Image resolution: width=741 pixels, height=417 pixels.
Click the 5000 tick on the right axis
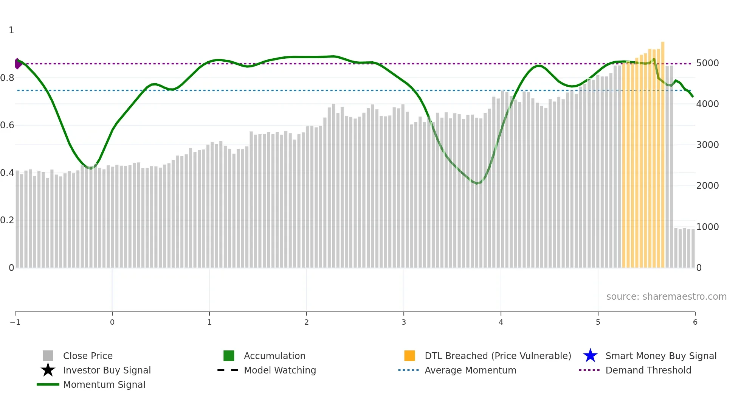pos(707,63)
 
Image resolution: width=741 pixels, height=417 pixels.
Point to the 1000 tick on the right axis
pos(707,227)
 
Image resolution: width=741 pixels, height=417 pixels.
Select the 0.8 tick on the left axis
pos(7,78)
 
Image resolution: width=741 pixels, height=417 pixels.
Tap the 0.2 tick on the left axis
pos(7,220)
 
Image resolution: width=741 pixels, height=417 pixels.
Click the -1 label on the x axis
pos(15,322)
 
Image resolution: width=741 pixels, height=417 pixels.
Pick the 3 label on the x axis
pos(404,322)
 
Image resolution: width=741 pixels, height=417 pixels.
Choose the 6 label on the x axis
pos(695,322)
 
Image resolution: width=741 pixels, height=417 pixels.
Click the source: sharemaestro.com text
pos(666,297)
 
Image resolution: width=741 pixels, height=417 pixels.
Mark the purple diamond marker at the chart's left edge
pos(18,64)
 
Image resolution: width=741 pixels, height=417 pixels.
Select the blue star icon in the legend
pos(590,356)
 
